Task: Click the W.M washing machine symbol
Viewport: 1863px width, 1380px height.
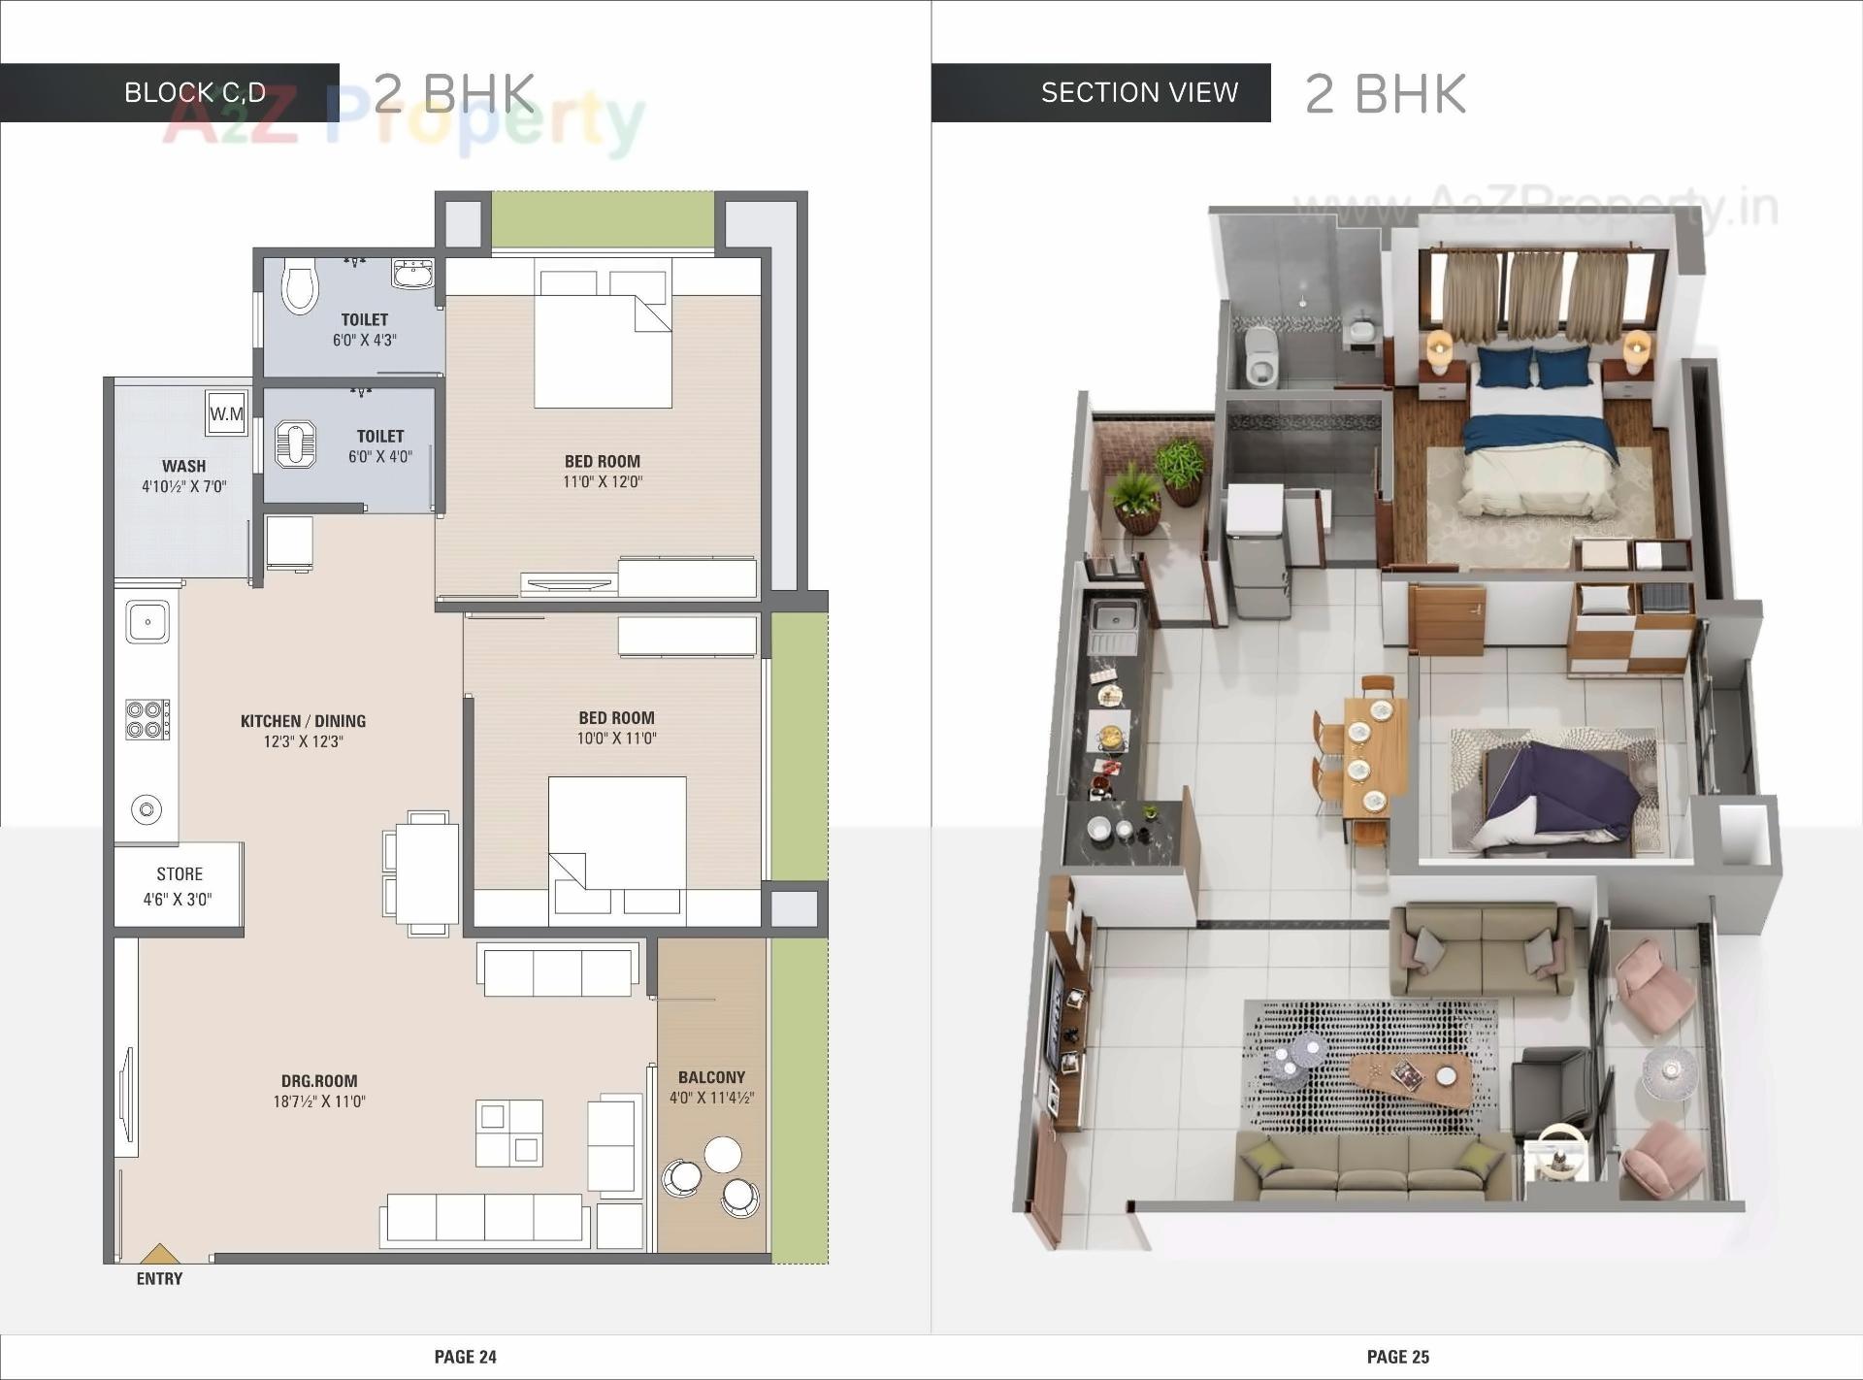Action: pyautogui.click(x=227, y=413)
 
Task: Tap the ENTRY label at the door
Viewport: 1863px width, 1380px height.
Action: pyautogui.click(x=159, y=1279)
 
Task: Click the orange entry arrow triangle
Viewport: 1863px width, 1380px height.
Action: pyautogui.click(x=160, y=1253)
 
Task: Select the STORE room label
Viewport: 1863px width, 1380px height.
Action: pyautogui.click(x=180, y=874)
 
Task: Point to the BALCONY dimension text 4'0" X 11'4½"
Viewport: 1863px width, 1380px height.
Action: pyautogui.click(x=711, y=1098)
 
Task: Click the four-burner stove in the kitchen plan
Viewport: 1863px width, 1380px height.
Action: pyautogui.click(x=147, y=719)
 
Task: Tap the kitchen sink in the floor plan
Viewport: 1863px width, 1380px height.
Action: pyautogui.click(x=147, y=621)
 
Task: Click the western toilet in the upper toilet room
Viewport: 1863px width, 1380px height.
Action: pyautogui.click(x=300, y=285)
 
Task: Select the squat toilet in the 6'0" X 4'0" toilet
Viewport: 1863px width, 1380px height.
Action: pyautogui.click(x=295, y=444)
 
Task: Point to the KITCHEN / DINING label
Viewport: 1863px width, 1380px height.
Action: pyautogui.click(x=303, y=721)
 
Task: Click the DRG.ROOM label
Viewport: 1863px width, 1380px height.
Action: pyautogui.click(x=319, y=1081)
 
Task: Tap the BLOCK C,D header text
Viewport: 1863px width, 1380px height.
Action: pyautogui.click(x=195, y=92)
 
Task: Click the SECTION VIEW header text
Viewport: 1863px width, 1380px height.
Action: pyautogui.click(x=1139, y=92)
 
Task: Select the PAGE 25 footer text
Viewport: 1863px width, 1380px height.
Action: pyautogui.click(x=1398, y=1357)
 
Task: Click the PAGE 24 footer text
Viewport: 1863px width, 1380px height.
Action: pyautogui.click(x=466, y=1357)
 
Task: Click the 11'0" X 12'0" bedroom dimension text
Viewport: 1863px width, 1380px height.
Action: pyautogui.click(x=603, y=481)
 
